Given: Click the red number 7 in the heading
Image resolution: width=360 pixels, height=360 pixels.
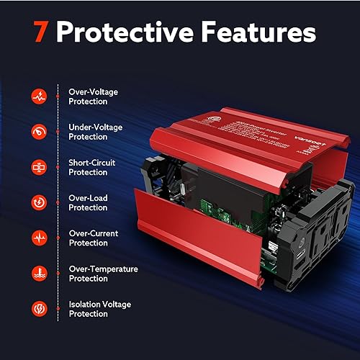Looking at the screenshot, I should [40, 33].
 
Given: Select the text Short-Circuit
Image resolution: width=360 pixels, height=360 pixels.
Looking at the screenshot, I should [91, 163].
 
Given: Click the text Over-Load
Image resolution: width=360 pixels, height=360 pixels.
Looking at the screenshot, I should [88, 198].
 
